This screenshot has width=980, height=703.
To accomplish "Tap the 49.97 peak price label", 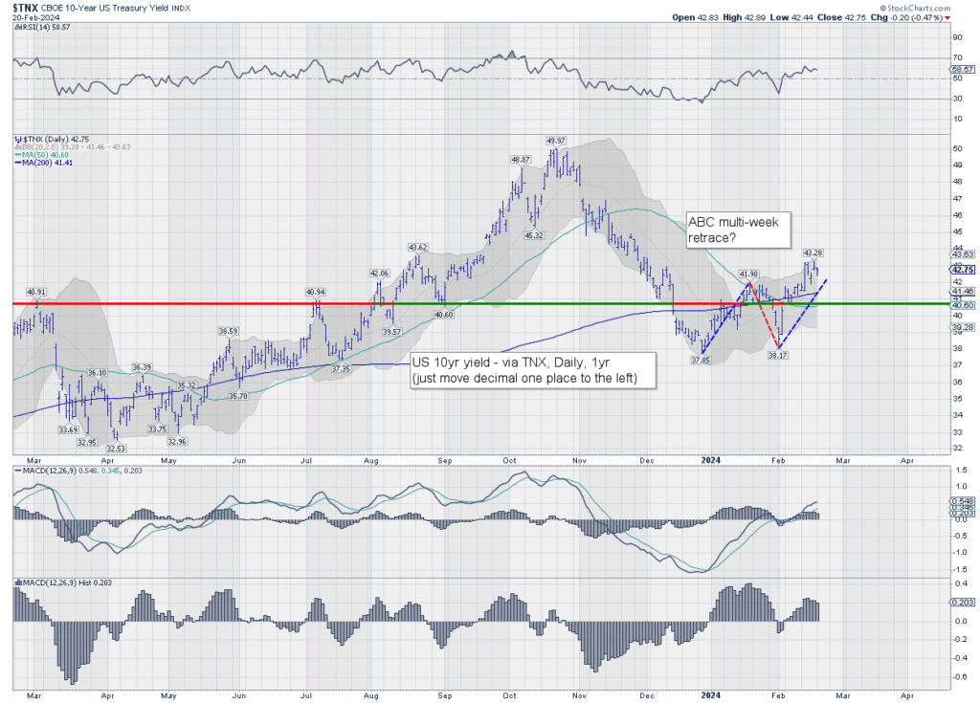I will click(556, 141).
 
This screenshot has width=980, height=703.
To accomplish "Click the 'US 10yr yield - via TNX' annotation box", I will click(533, 371).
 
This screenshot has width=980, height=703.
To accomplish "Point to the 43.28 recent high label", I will click(813, 253).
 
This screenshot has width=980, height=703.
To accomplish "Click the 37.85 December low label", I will click(701, 361).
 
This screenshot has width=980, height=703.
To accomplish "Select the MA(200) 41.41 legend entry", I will click(40, 163).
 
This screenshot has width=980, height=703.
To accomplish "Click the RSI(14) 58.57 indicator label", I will click(38, 28).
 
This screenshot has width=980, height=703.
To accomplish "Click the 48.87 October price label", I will click(521, 160).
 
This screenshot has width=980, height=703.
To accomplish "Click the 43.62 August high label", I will click(417, 247).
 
